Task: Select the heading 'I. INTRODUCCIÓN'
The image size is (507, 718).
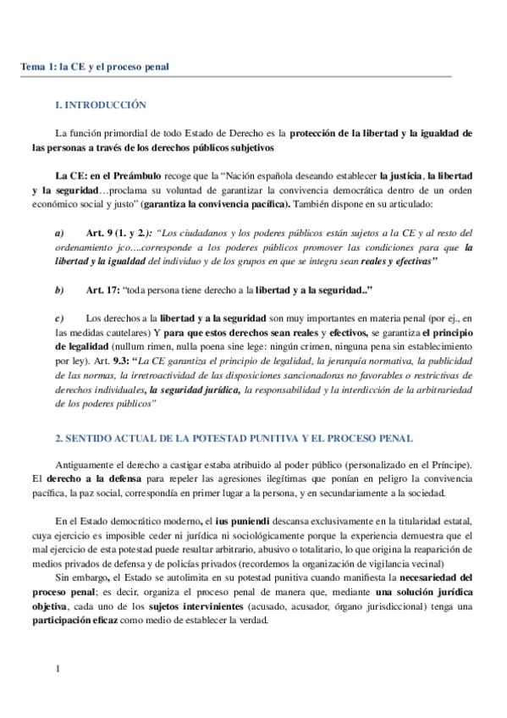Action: point(100,106)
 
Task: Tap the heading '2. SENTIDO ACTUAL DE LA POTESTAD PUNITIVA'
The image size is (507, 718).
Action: point(234,439)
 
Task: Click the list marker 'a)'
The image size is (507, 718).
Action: point(59,233)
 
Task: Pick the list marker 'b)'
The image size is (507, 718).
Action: point(59,290)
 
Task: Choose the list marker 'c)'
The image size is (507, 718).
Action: point(59,318)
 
